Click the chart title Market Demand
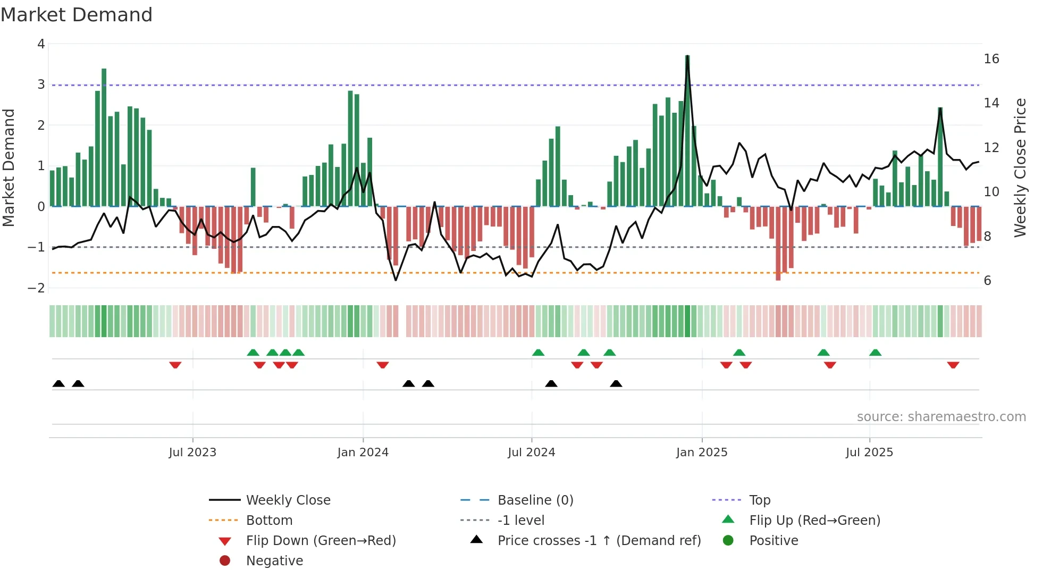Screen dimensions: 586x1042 point(77,15)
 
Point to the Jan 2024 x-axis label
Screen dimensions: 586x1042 point(363,453)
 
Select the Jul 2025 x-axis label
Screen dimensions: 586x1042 point(869,453)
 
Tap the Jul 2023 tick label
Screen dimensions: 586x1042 point(192,453)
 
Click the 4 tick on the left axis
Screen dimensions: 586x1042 point(41,44)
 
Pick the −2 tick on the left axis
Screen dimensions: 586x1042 point(37,288)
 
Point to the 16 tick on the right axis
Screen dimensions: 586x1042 point(991,59)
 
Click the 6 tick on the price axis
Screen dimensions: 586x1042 point(987,281)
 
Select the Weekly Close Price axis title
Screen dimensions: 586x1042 point(1020,168)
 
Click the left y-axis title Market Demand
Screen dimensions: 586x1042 point(9,168)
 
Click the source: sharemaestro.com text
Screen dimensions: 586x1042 point(941,417)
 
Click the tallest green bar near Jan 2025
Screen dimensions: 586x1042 point(687,130)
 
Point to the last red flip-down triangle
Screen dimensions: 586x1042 point(953,365)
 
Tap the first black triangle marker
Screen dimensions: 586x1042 point(58,384)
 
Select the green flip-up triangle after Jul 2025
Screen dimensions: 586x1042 point(875,353)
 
